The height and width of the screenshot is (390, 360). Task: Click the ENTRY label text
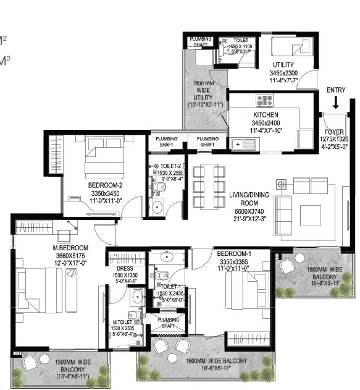tap(337, 90)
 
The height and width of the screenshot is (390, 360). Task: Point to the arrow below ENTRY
tap(335, 103)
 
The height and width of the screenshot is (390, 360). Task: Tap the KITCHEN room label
tap(266, 115)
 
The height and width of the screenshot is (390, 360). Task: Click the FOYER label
tap(335, 132)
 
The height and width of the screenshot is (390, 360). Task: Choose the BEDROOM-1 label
tap(232, 253)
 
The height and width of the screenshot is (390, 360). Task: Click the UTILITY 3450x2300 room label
tap(283, 65)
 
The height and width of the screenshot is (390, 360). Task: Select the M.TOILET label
tap(124, 323)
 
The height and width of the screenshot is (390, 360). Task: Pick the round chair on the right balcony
tap(288, 266)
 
